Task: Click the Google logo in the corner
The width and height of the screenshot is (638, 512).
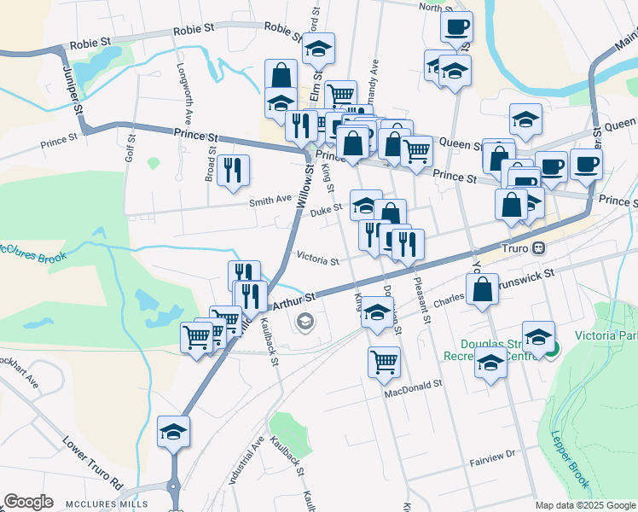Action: click(x=28, y=502)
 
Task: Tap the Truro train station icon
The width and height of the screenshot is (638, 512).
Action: click(x=538, y=248)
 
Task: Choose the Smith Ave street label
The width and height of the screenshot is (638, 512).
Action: click(x=270, y=201)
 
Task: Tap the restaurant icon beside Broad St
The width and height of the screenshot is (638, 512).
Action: click(x=233, y=170)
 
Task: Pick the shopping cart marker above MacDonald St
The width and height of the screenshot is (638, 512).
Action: click(x=385, y=361)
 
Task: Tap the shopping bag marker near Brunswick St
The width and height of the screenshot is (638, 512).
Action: click(x=482, y=288)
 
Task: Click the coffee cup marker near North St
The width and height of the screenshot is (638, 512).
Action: click(x=456, y=26)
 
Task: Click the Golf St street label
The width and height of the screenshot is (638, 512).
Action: click(x=130, y=148)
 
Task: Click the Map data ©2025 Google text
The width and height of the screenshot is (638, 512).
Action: click(x=585, y=505)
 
